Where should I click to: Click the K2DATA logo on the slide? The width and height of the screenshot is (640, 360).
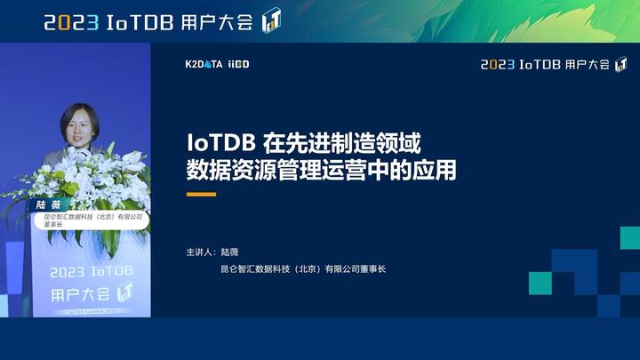[x=204, y=65]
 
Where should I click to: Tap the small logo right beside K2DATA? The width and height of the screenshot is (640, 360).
[x=238, y=65]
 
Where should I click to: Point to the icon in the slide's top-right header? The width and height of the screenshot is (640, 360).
[x=620, y=64]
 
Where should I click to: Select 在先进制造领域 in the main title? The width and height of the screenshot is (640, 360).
[x=342, y=142]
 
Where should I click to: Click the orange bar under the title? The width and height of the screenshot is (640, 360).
[x=201, y=194]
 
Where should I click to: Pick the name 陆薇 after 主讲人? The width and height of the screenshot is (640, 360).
[x=230, y=252]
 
